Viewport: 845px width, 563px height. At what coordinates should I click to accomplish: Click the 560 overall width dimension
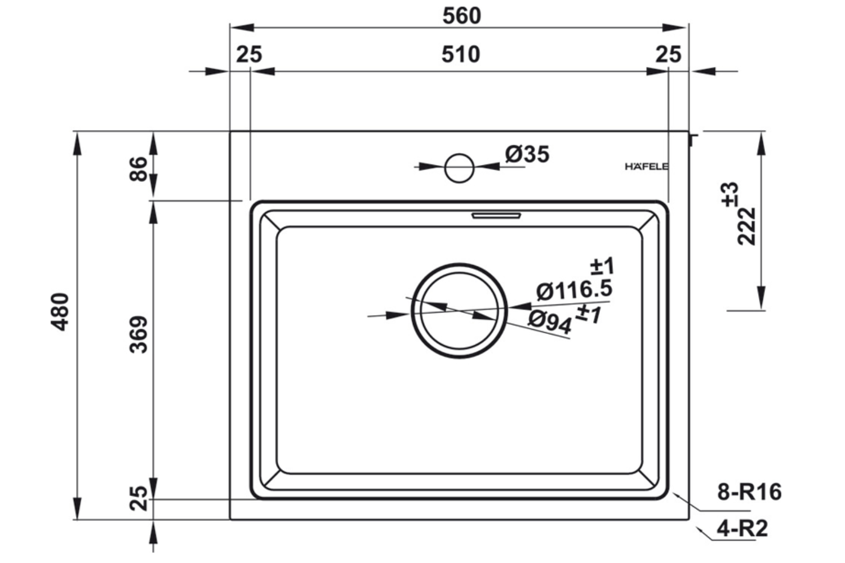click(461, 16)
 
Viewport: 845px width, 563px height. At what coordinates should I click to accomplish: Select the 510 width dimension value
click(460, 55)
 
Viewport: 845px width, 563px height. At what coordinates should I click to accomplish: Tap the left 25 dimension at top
click(249, 55)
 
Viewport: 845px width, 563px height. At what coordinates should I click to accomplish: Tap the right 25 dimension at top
click(668, 55)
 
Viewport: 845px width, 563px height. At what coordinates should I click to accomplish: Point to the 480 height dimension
click(60, 311)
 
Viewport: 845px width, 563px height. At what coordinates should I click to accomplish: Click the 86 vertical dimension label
click(139, 168)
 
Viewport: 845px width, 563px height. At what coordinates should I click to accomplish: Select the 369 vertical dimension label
click(139, 334)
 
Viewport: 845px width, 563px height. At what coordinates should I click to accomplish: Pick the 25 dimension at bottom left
click(139, 498)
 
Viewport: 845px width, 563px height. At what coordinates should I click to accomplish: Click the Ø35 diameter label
click(527, 154)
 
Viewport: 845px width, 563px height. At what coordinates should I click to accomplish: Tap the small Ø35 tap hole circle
click(459, 167)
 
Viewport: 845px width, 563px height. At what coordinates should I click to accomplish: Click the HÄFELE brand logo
click(647, 167)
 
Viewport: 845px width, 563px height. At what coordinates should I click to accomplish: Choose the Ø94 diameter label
click(550, 321)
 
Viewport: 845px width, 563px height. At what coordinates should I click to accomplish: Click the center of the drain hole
click(459, 310)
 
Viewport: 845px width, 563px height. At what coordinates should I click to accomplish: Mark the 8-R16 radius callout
click(749, 492)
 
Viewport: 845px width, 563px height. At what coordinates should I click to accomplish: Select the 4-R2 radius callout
click(742, 528)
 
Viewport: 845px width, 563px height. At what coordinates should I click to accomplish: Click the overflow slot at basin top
click(496, 215)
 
